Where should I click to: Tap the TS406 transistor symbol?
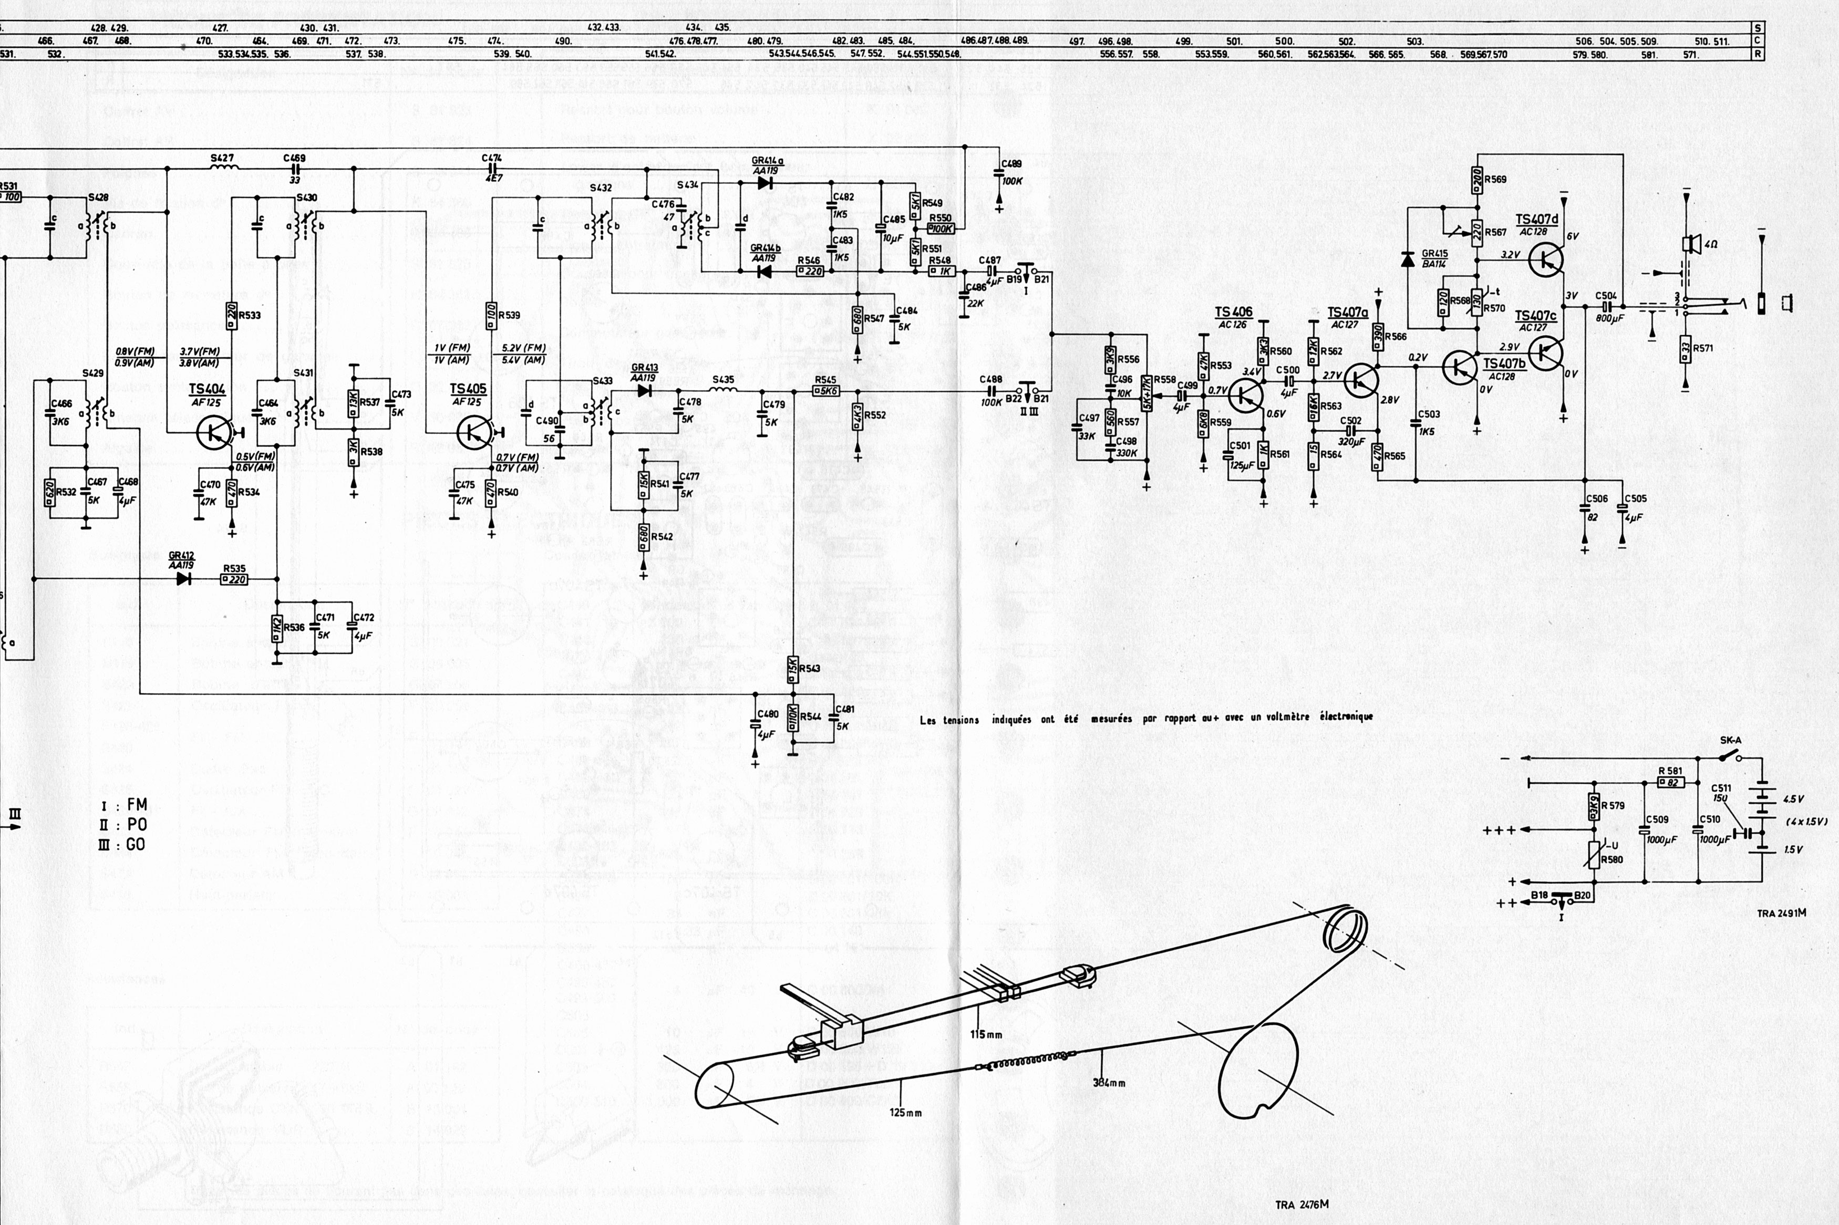click(x=1245, y=396)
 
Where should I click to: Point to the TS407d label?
click(x=1537, y=220)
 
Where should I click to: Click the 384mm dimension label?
click(x=1109, y=1083)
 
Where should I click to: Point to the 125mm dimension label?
click(x=905, y=1112)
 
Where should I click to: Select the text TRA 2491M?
click(x=1781, y=912)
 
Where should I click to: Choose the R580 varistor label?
click(x=1611, y=859)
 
